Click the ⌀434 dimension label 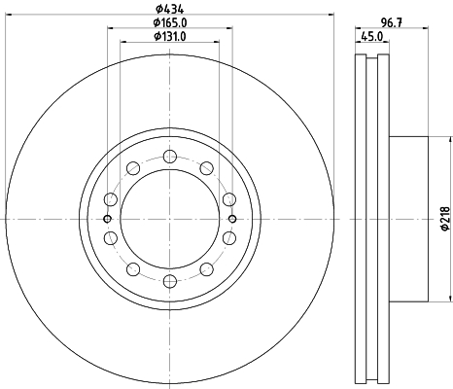(x=170, y=7)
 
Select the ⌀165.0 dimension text (x=170, y=22)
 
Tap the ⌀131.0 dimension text (x=170, y=36)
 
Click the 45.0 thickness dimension (x=372, y=36)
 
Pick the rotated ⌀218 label (x=445, y=219)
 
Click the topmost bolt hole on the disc (x=170, y=157)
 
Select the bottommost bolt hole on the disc (x=170, y=281)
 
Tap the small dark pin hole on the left (x=107, y=219)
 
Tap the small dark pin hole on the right (x=232, y=219)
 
